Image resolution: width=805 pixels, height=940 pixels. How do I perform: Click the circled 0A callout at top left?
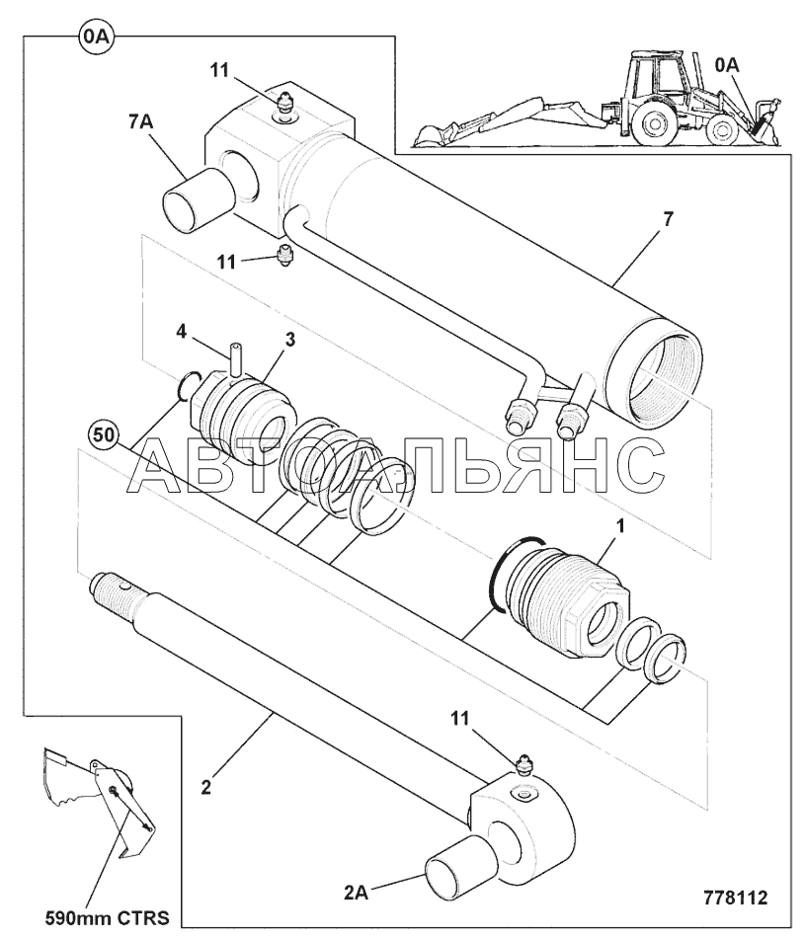pyautogui.click(x=96, y=37)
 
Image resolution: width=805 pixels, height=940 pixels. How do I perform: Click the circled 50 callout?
pyautogui.click(x=104, y=435)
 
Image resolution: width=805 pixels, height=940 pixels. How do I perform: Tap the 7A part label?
pyautogui.click(x=140, y=122)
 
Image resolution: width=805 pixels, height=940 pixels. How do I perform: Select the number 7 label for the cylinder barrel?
pyautogui.click(x=668, y=219)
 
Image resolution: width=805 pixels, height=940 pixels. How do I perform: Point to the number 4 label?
pyautogui.click(x=181, y=331)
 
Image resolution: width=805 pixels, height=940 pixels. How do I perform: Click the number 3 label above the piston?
pyautogui.click(x=289, y=340)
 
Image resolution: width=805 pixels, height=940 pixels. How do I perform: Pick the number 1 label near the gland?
pyautogui.click(x=621, y=526)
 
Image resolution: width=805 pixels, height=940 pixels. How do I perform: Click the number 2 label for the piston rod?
pyautogui.click(x=205, y=787)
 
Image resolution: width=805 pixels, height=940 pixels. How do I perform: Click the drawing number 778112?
pyautogui.click(x=735, y=898)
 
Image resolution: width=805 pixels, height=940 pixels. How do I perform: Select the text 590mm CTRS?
pyautogui.click(x=108, y=918)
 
